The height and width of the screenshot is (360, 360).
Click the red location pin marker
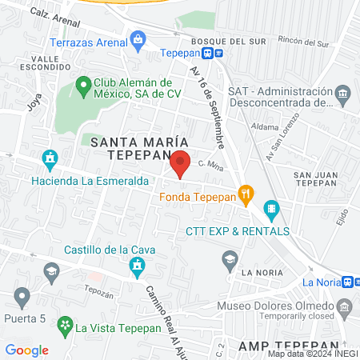pos(181,163)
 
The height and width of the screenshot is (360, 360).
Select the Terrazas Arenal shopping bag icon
pos(138,38)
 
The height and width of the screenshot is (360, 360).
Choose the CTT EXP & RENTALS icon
pos(270,211)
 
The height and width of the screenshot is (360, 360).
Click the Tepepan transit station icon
pos(212,54)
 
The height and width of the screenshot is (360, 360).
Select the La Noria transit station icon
pos(350,282)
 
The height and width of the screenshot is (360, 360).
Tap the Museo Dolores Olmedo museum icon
pos(345,306)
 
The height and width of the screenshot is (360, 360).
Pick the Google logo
pos(27,350)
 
